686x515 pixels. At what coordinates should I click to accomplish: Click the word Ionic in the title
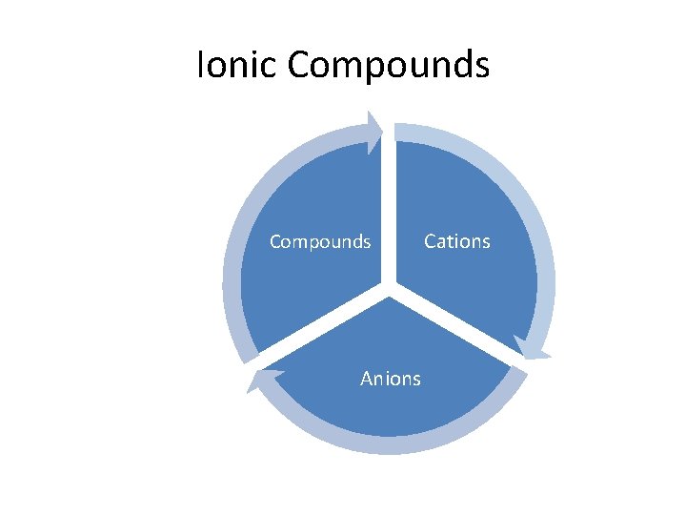pos(237,65)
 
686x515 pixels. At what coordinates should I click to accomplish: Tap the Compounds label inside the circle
pos(320,242)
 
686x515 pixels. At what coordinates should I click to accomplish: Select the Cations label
pos(456,242)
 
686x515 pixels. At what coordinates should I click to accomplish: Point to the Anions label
pos(390,380)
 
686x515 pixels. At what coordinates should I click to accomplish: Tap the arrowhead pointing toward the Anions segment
pos(534,348)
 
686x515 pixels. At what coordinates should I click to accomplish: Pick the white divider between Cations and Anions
pos(457,324)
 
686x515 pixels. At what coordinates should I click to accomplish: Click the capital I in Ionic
pos(200,65)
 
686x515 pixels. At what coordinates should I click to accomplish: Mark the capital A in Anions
pos(367,380)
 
